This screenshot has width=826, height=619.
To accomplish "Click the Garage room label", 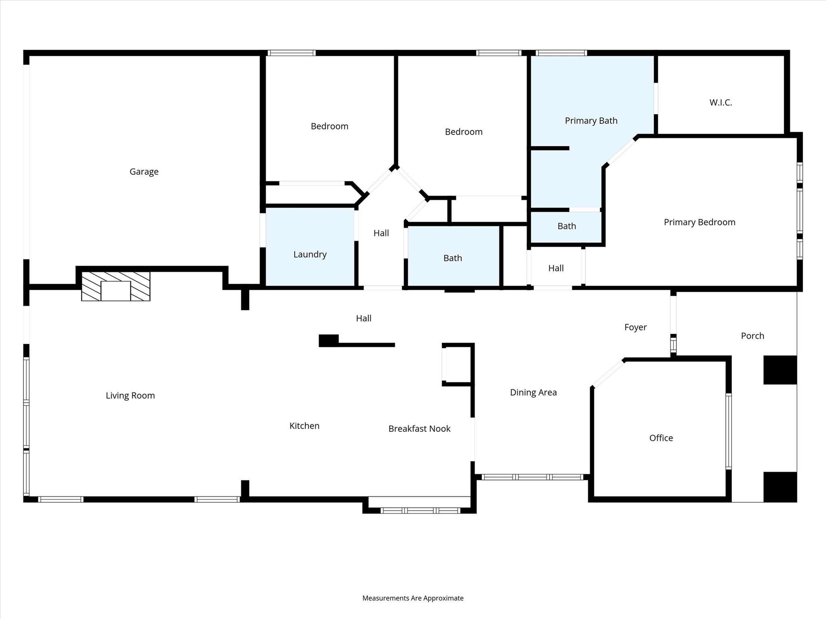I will (144, 172).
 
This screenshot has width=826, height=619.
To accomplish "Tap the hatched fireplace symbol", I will (116, 286).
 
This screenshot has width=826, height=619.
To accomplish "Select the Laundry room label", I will (310, 254).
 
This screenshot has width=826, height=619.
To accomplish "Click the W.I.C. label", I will (721, 102).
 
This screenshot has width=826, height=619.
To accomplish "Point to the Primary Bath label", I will (591, 120).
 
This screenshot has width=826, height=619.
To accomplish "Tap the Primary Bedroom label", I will (699, 222).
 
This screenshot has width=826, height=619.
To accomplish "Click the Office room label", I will (661, 438).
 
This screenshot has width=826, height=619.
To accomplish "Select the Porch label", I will (752, 336).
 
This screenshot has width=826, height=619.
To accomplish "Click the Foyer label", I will (635, 327).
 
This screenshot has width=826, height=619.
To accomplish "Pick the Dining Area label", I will (533, 393).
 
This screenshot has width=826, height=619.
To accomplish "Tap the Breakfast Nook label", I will (419, 429).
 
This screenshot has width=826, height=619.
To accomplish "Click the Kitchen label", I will (304, 426).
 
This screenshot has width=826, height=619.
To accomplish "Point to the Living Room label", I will (130, 396).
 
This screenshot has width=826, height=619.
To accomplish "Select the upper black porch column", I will (780, 370).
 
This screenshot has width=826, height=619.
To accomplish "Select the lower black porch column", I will (780, 486).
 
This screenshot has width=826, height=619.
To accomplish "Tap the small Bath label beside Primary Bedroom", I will (567, 226).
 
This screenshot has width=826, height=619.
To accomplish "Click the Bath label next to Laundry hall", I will (453, 258).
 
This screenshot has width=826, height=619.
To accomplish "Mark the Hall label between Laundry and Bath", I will (381, 233).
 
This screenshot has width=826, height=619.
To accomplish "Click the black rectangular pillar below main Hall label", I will (329, 341).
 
